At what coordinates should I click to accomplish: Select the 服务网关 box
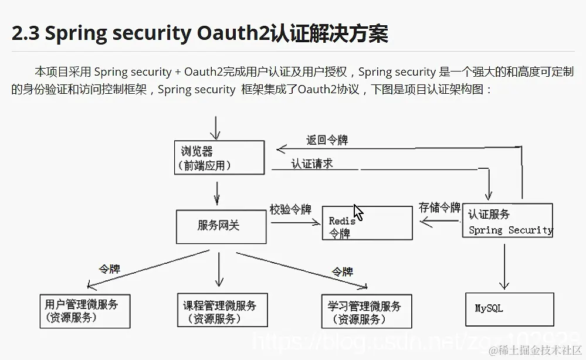pyautogui.click(x=221, y=226)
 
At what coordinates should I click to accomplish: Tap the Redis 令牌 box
pyautogui.click(x=367, y=223)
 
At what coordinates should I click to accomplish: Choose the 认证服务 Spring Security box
pyautogui.click(x=507, y=220)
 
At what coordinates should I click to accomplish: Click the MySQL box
pyautogui.click(x=509, y=309)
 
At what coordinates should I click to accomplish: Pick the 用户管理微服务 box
pyautogui.click(x=84, y=311)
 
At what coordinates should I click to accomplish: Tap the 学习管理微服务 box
pyautogui.click(x=367, y=311)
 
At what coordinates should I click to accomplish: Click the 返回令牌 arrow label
pyautogui.click(x=327, y=140)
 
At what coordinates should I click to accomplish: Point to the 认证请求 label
pyautogui.click(x=311, y=164)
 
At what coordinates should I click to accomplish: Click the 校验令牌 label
pyautogui.click(x=290, y=209)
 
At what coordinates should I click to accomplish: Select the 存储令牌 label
pyautogui.click(x=439, y=208)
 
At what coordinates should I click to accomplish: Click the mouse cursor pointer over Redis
pyautogui.click(x=358, y=212)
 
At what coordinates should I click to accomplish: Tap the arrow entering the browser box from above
pyautogui.click(x=216, y=127)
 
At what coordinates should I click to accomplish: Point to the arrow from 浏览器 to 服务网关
pyautogui.click(x=218, y=193)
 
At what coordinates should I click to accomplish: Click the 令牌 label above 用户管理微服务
pyautogui.click(x=109, y=269)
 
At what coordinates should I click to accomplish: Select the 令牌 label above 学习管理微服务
pyautogui.click(x=343, y=272)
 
